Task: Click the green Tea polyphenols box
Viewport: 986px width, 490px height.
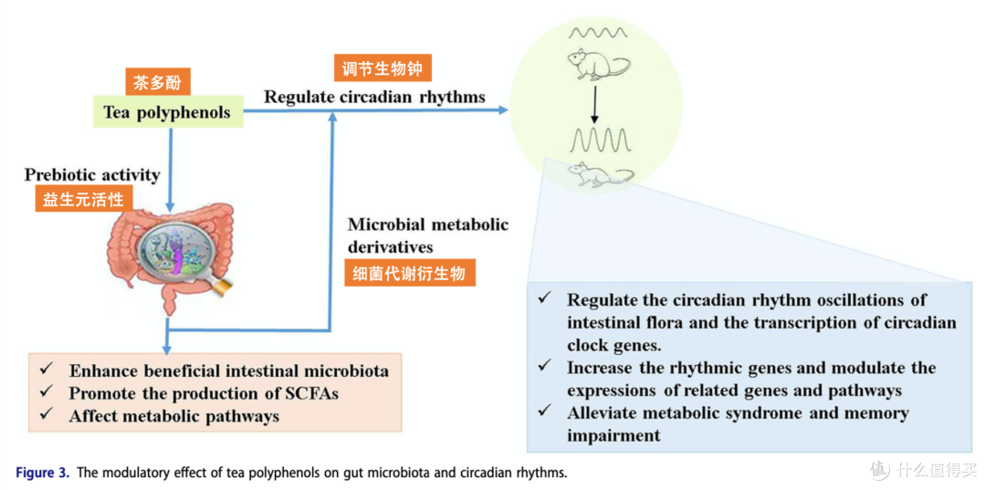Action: point(168,112)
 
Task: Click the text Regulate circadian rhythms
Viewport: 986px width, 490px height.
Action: point(374,97)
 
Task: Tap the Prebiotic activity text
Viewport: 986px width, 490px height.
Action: point(92,174)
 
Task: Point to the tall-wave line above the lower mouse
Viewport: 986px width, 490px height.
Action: point(596,141)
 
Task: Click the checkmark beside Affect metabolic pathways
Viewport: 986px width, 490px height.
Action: point(47,414)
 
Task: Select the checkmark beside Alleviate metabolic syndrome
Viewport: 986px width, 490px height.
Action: point(544,412)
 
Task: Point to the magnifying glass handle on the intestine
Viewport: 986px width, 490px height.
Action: point(221,287)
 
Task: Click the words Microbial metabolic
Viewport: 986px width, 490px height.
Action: point(428,224)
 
